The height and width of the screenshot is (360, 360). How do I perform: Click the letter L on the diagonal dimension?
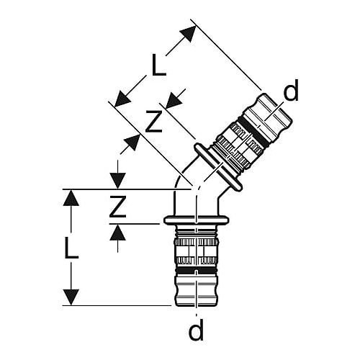(x=159, y=65)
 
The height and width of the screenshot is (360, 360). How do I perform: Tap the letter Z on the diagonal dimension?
(x=154, y=121)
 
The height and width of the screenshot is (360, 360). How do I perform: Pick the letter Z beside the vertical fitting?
(x=117, y=207)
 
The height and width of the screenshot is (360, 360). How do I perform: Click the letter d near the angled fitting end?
(x=291, y=90)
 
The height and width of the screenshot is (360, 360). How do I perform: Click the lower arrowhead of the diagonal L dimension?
(x=122, y=99)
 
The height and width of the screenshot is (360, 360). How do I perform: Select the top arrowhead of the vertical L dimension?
(x=71, y=197)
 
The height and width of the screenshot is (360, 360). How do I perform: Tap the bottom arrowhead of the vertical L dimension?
(x=71, y=297)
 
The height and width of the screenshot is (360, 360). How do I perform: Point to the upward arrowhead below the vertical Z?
(x=117, y=233)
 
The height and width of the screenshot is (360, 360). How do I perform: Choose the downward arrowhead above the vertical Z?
(x=117, y=181)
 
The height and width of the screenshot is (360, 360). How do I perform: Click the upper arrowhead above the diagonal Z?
(x=174, y=99)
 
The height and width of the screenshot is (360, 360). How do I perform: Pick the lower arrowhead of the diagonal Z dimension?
(x=132, y=143)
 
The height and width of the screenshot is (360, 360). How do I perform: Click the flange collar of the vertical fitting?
(x=197, y=220)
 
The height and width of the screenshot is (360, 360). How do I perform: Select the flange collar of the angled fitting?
(x=218, y=167)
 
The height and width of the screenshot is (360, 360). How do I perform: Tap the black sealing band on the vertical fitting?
(x=197, y=271)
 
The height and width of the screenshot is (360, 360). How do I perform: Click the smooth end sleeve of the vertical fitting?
(x=197, y=291)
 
